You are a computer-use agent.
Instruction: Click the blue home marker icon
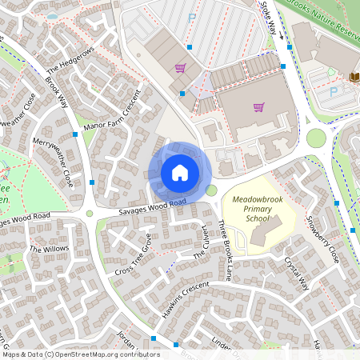coord(180,171)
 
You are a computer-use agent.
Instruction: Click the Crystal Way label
coord(298,274)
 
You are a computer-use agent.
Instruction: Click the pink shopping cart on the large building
coord(258,107)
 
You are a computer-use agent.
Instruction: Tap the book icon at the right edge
coord(354,77)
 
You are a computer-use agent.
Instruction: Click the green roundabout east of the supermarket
coord(316,138)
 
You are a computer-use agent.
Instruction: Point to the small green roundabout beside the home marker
coord(211,190)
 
